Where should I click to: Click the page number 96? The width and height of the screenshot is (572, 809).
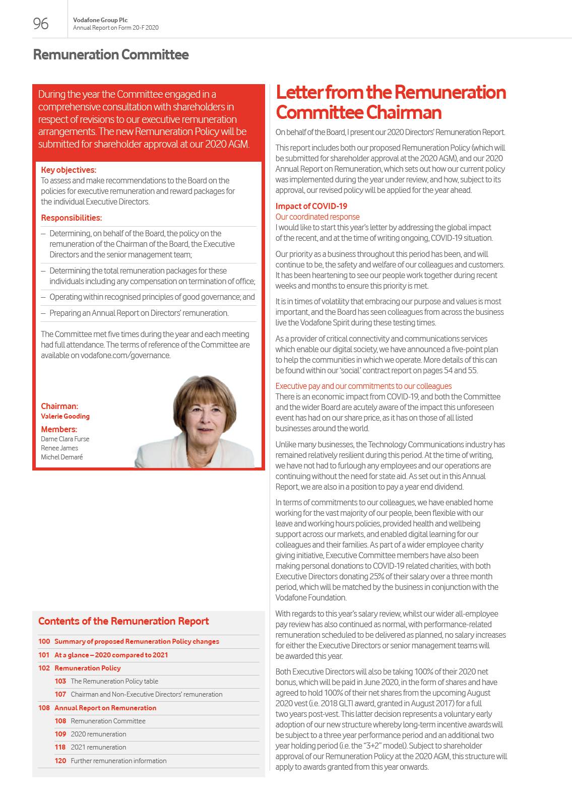click(41, 24)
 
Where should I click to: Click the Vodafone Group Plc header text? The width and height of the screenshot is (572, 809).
click(100, 20)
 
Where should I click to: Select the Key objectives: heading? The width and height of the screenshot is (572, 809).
click(69, 170)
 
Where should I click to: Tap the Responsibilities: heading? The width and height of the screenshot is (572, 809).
click(72, 218)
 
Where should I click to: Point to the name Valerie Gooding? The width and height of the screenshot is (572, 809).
click(65, 416)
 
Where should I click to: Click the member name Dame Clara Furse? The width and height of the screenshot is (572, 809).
click(65, 439)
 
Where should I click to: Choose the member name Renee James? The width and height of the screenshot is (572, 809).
click(59, 448)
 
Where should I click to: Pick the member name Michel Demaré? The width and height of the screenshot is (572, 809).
click(62, 457)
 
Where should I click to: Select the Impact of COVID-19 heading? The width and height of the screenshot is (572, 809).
click(311, 206)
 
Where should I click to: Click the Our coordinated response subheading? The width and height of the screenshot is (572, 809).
click(317, 217)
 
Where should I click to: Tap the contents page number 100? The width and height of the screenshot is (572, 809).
click(44, 641)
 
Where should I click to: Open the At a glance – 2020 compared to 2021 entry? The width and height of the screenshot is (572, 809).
click(111, 655)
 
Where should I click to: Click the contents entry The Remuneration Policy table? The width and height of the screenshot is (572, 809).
click(114, 681)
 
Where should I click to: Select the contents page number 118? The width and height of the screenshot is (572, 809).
click(60, 747)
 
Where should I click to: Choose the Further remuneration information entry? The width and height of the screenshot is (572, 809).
click(118, 761)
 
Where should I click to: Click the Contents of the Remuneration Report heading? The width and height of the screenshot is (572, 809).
click(123, 621)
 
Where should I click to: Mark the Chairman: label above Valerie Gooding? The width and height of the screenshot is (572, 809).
click(59, 406)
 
